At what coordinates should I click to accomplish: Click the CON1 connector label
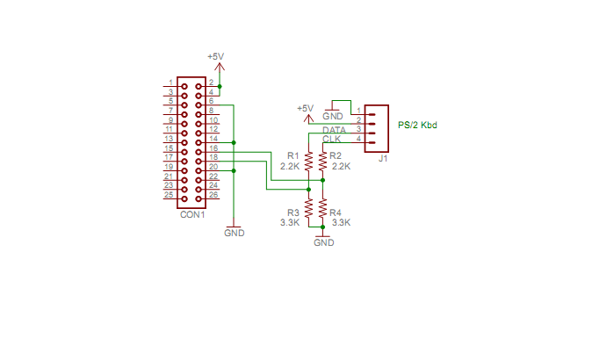(191, 213)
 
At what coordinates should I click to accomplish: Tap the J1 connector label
(383, 159)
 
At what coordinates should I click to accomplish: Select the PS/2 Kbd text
(417, 125)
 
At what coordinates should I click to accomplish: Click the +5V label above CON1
(215, 56)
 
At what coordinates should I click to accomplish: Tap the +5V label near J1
(305, 108)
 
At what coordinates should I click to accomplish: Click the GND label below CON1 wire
(234, 234)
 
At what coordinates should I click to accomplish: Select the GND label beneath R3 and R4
(323, 242)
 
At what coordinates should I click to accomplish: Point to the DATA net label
(334, 130)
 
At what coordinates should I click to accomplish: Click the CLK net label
(331, 140)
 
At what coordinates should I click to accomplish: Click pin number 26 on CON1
(213, 195)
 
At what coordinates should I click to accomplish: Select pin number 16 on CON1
(213, 148)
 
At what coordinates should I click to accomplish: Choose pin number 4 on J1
(359, 139)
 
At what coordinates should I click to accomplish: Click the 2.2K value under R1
(290, 165)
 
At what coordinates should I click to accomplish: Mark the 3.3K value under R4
(342, 222)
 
